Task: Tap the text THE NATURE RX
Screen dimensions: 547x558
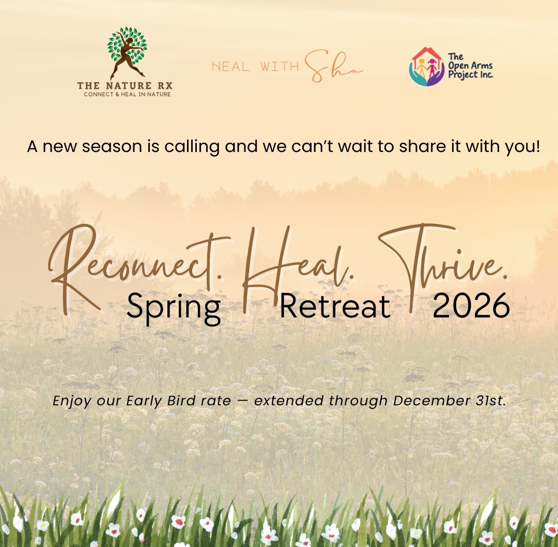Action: coord(125,85)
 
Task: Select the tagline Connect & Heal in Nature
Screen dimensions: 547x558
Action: coord(127,94)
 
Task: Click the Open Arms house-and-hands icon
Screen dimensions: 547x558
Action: coord(427,66)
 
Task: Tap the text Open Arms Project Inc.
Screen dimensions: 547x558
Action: coord(470,66)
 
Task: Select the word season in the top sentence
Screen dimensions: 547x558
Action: coord(123,146)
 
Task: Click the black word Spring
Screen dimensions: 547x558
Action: coord(173,306)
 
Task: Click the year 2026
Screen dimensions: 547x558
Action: coord(471,306)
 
